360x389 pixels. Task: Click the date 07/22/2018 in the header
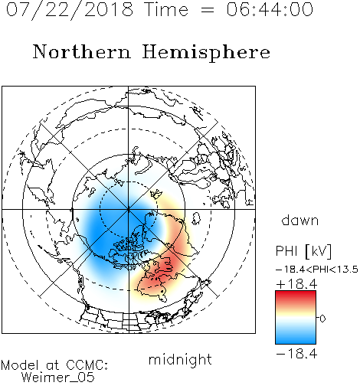[x=70, y=9]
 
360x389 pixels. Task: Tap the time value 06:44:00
[x=270, y=9]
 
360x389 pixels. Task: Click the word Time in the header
[x=166, y=9]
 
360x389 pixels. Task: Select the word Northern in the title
[x=82, y=51]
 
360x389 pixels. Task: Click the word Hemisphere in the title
[x=206, y=52]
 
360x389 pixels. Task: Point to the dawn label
[x=300, y=220]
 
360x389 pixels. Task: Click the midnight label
[x=180, y=359]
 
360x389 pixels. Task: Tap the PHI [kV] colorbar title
[x=303, y=251]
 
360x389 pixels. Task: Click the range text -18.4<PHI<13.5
[x=317, y=270]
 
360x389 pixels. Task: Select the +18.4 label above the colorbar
[x=296, y=284]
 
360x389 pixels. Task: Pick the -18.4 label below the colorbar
[x=296, y=354]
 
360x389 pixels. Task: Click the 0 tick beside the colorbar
[x=322, y=319]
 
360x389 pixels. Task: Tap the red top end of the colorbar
[x=296, y=293]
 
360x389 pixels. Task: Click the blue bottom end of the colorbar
[x=296, y=342]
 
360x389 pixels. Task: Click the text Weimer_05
[x=58, y=378]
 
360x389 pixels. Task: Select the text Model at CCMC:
[x=54, y=365]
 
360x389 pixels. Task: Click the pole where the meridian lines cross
[x=129, y=209]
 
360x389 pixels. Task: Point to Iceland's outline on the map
[x=196, y=218]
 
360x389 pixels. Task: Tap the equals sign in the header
[x=207, y=10]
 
